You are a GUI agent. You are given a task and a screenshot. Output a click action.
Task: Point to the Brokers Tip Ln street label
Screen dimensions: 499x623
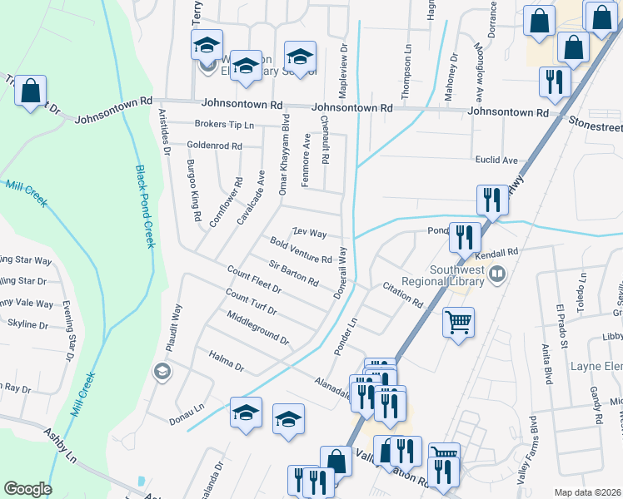click(223, 125)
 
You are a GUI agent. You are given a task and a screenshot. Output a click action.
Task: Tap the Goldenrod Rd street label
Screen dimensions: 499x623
click(214, 146)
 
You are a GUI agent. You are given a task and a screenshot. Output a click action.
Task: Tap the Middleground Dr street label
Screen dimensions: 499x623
click(257, 328)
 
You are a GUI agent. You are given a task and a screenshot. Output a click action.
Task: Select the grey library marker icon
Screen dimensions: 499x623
click(497, 272)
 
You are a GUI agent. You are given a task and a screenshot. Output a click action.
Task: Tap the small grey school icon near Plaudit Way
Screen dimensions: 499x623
click(162, 371)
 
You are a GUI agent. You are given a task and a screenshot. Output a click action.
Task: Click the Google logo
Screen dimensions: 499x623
click(27, 489)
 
